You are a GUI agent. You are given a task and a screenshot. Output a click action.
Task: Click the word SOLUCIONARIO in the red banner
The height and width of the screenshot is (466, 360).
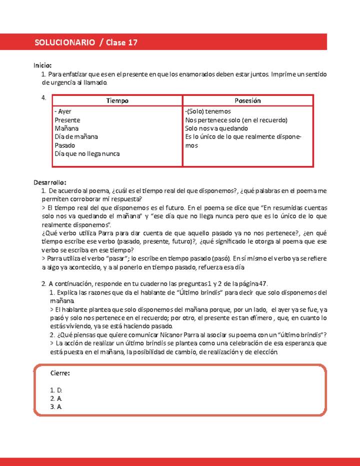click(64, 43)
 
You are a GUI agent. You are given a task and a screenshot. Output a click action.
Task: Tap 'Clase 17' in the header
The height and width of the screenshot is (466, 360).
click(121, 43)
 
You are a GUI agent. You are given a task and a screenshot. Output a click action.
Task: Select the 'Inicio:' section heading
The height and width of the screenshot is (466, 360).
click(42, 65)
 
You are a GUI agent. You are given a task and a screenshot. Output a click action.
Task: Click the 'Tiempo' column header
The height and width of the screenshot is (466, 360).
click(117, 100)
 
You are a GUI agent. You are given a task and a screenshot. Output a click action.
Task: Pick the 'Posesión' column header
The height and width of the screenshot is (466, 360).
click(247, 100)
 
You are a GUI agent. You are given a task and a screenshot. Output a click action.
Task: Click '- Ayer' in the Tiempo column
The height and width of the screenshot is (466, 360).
click(63, 111)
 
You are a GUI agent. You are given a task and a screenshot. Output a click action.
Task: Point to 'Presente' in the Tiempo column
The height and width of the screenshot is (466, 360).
click(67, 120)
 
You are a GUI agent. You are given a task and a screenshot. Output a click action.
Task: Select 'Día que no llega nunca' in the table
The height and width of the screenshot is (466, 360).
click(87, 154)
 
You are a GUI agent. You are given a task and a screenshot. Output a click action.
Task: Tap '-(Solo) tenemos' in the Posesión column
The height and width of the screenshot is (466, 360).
click(208, 111)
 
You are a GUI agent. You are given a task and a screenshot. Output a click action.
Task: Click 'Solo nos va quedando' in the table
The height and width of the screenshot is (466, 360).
click(216, 128)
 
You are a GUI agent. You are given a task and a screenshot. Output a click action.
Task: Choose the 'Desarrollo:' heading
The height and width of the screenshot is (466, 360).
click(50, 182)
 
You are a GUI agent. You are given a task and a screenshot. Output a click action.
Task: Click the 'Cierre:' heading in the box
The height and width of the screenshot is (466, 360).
click(60, 373)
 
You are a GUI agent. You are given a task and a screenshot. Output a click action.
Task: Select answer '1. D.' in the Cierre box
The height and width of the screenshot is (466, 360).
click(56, 390)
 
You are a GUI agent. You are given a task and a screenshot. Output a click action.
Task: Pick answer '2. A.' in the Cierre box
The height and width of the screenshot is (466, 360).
click(56, 398)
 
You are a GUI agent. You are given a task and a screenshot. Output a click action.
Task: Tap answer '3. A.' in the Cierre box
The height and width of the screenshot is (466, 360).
click(56, 407)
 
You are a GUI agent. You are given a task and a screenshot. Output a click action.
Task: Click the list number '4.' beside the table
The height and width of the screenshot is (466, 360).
click(43, 97)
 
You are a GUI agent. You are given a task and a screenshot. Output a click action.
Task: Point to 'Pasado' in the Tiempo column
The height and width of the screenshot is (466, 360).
click(64, 145)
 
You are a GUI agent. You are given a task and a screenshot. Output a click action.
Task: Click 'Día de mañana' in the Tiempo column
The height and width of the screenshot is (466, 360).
click(76, 137)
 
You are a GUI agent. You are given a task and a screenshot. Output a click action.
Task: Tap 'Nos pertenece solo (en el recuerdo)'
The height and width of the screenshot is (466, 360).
click(236, 120)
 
